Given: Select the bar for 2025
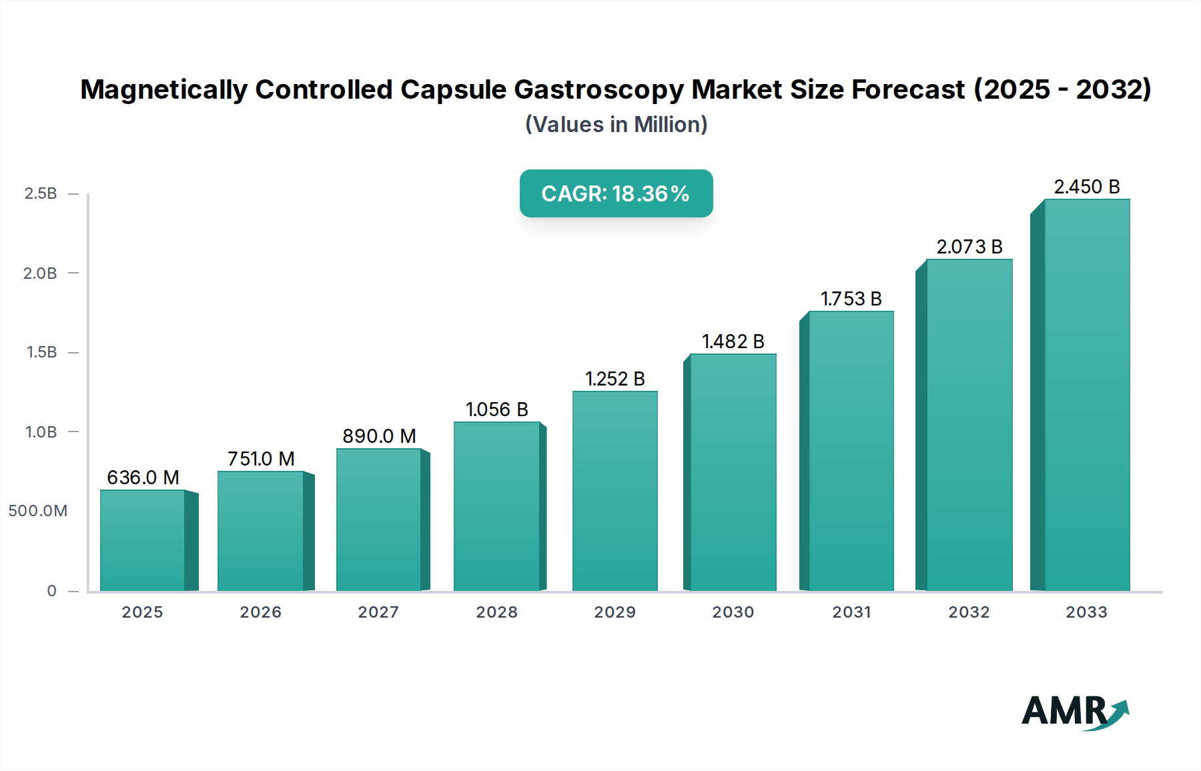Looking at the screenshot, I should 143,540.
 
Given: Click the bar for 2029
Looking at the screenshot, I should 615,491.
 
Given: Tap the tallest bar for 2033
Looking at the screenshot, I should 1087,395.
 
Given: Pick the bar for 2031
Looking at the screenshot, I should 851,451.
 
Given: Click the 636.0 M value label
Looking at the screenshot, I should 143,478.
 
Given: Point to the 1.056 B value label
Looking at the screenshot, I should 496,410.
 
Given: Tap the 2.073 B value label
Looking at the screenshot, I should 969,247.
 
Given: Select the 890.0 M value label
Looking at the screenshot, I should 379,436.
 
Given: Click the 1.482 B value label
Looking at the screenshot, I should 733,341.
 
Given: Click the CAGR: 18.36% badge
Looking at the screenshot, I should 616,193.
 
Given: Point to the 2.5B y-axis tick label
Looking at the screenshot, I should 41,193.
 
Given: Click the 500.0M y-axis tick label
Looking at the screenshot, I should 38,511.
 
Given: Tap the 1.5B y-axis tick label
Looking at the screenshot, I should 41,352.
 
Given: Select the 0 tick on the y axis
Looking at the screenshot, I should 51,590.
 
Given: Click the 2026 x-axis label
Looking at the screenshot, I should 260,612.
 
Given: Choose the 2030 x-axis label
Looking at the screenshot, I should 733,612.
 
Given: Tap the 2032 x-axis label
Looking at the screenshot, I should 969,612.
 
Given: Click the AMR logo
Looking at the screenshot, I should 1074,712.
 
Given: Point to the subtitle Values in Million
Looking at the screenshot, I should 616,125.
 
